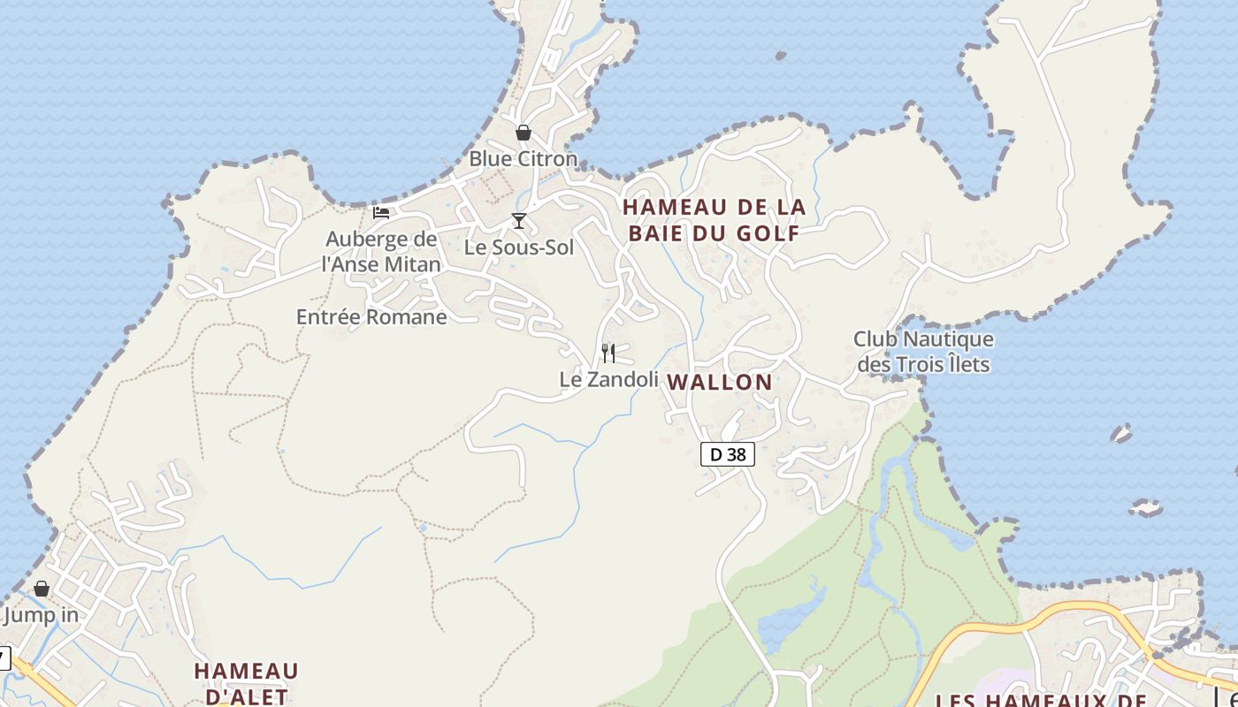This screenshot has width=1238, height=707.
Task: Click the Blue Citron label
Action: (523, 159)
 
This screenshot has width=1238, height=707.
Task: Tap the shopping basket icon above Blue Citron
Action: (523, 133)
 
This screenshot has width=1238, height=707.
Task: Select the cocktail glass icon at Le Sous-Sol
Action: (519, 220)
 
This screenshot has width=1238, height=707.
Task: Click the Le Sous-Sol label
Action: (519, 247)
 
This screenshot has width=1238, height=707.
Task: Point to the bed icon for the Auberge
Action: (381, 212)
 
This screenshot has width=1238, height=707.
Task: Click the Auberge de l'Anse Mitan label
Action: (381, 251)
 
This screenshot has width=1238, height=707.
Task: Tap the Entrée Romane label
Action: (371, 316)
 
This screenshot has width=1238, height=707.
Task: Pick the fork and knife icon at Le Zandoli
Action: (608, 353)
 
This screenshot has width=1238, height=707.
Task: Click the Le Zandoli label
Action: (609, 379)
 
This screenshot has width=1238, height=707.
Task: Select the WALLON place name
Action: (720, 383)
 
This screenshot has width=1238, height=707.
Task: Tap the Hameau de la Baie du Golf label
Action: (714, 220)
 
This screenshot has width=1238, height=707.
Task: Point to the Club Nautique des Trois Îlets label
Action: (923, 351)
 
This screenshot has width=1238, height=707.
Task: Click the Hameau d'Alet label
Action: (246, 682)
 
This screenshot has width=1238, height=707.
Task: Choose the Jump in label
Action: (41, 615)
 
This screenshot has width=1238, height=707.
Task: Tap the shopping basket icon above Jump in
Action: (42, 589)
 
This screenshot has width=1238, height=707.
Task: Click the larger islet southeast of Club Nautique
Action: (1146, 508)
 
